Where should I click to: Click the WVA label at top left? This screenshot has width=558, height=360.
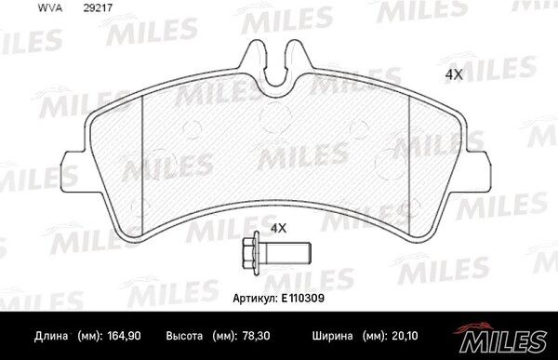coord(50,7)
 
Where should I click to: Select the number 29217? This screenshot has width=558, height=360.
coord(98,7)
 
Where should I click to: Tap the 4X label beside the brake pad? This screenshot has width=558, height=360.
coord(454,74)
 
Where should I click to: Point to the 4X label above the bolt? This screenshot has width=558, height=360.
coord(279,228)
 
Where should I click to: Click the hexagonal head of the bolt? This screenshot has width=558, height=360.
coord(251,253)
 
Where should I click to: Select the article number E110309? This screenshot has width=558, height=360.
coord(303,298)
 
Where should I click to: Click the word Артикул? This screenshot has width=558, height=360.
coord(255,299)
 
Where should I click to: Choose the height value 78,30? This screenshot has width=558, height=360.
coord(256,336)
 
